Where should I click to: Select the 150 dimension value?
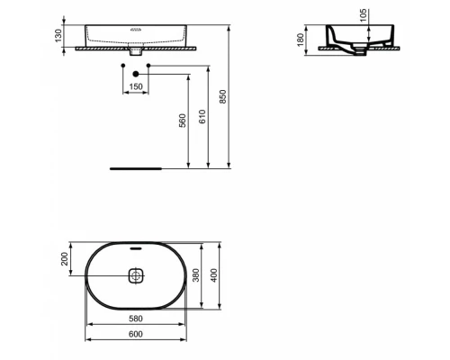point(137,86)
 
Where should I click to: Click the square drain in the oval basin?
point(136,276)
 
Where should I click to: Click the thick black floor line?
point(136,167)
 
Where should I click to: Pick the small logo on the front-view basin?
point(136,29)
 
